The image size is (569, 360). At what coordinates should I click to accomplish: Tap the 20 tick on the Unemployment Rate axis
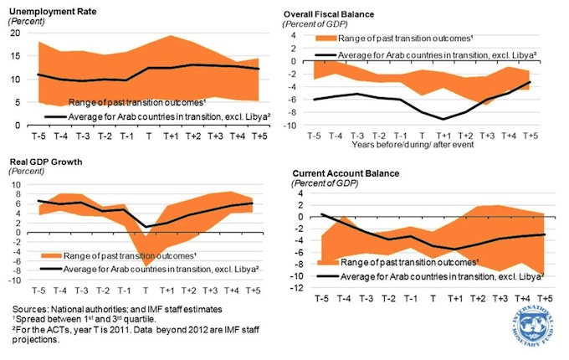(x=14, y=33)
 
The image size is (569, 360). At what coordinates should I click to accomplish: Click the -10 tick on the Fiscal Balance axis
(x=293, y=126)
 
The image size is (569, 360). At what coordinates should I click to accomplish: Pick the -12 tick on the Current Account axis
(x=293, y=288)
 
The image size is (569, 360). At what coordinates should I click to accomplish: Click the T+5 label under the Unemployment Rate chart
(x=259, y=135)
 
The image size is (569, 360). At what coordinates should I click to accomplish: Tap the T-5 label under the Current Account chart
(x=320, y=298)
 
